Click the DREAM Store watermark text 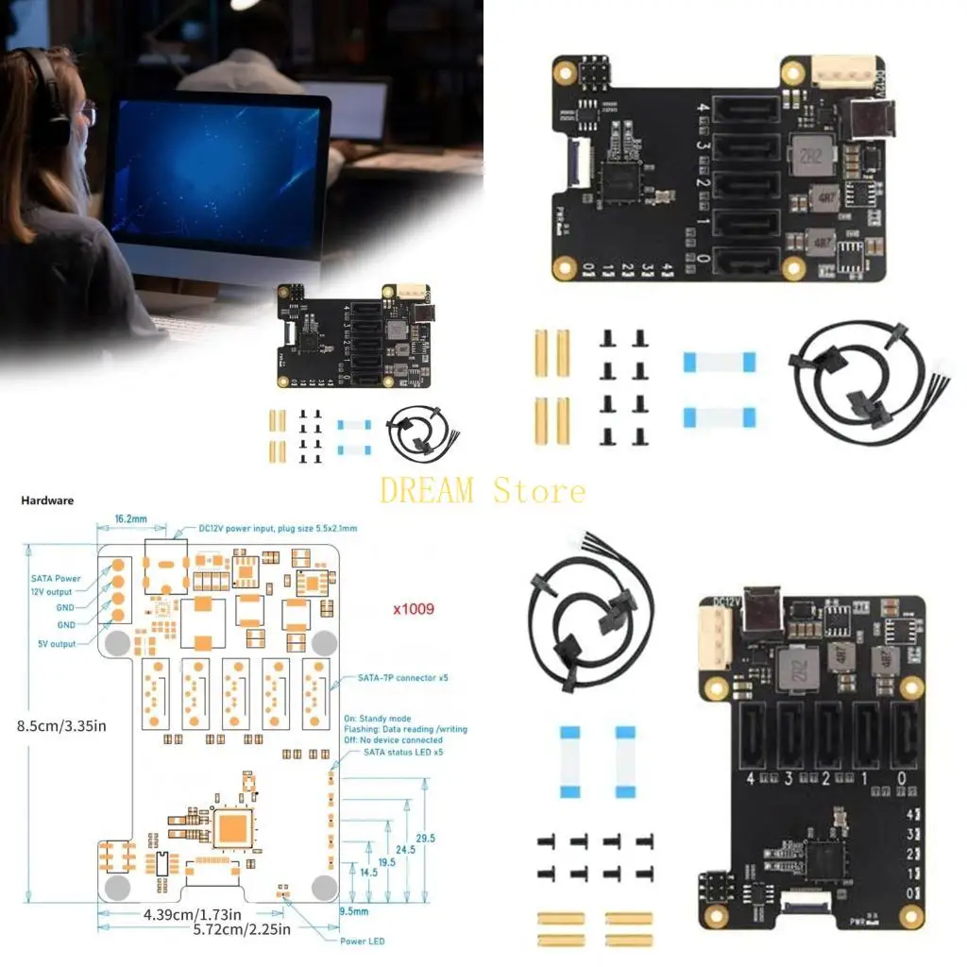tap(483, 490)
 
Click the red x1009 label tap(414, 609)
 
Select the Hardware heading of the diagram tap(47, 500)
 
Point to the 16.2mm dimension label tap(130, 520)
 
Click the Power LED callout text tap(362, 941)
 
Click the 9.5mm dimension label tap(353, 911)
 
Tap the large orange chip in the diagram tap(232, 828)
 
